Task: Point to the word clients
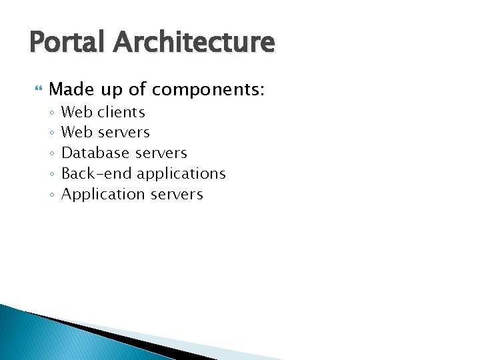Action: coord(121,112)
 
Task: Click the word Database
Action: coord(95,153)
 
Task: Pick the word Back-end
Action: coord(97,174)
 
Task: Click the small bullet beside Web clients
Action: coord(51,113)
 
